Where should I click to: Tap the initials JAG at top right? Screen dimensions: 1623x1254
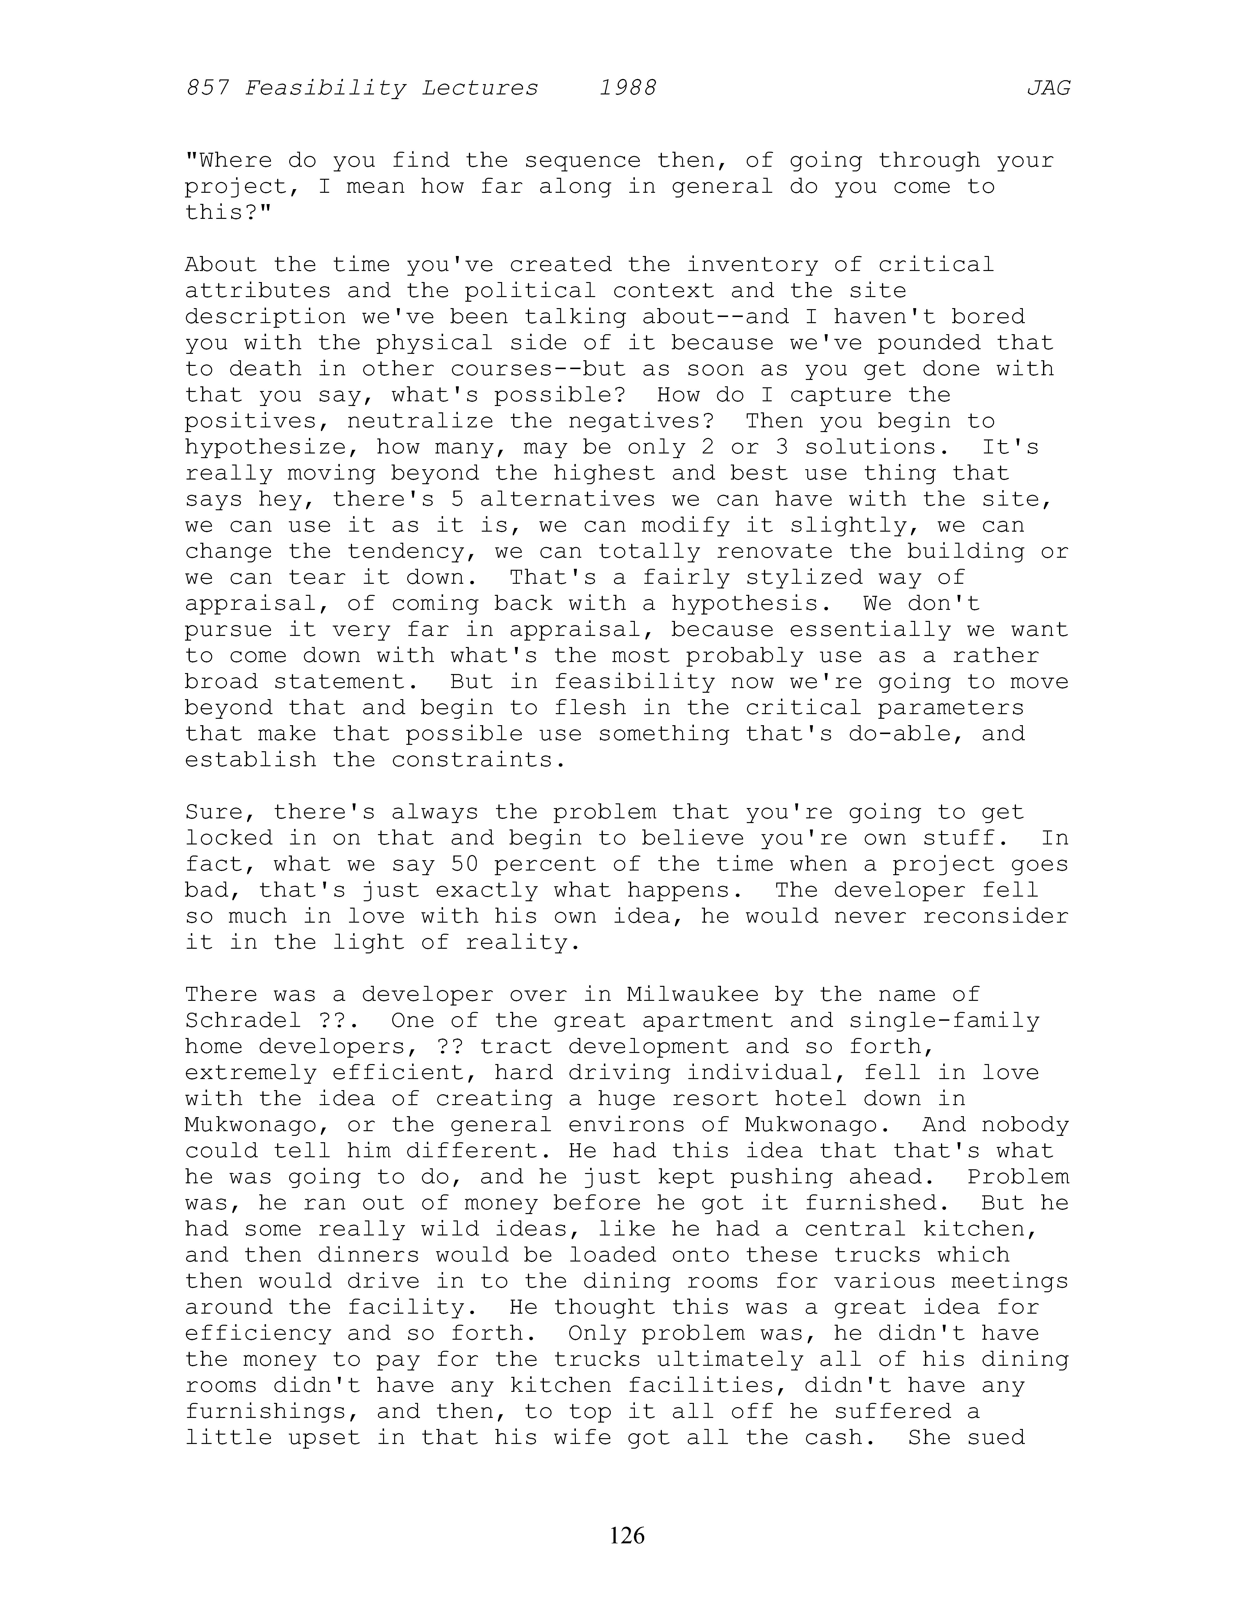[x=1048, y=89]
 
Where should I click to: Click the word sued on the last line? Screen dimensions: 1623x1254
[x=996, y=1437]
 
